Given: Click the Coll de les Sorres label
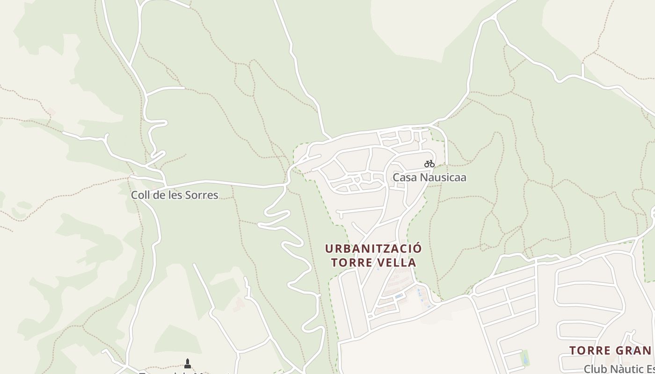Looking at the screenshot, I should pyautogui.click(x=175, y=195).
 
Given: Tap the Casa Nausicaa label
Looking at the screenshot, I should pyautogui.click(x=429, y=178).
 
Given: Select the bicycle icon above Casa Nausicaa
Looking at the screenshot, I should pyautogui.click(x=429, y=164).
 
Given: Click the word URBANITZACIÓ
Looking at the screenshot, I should pyautogui.click(x=373, y=248).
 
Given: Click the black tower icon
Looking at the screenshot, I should pyautogui.click(x=188, y=363).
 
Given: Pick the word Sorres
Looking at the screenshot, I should pyautogui.click(x=202, y=195).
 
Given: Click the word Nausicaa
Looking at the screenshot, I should pyautogui.click(x=443, y=178).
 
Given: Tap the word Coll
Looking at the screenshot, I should pyautogui.click(x=139, y=195).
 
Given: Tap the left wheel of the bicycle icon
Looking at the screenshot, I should pyautogui.click(x=427, y=165).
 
